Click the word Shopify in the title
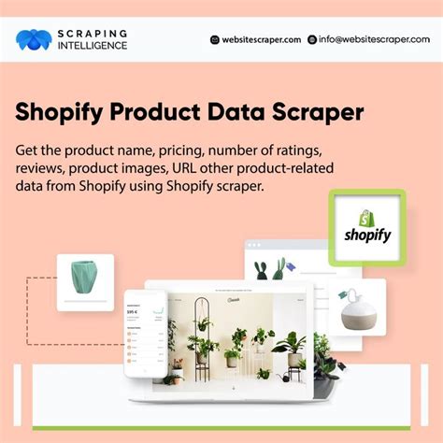[x=60, y=112]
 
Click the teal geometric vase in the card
[x=85, y=279]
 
